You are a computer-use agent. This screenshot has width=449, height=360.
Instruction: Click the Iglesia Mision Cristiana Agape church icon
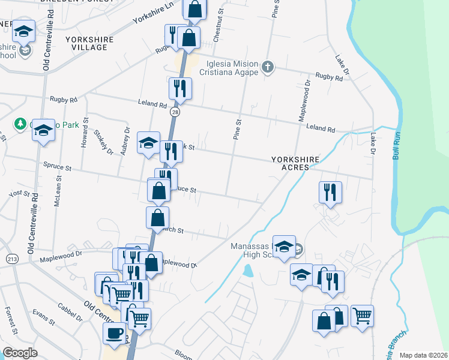pos(269,67)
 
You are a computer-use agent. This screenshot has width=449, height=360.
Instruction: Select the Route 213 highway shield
pos(11,259)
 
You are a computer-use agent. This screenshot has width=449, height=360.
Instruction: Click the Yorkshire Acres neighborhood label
pos(295,163)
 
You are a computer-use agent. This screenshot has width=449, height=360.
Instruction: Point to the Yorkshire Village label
pos(89,43)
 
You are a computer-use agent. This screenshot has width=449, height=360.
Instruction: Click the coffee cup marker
pos(114,334)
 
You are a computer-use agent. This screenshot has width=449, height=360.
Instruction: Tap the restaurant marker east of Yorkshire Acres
pos(330,192)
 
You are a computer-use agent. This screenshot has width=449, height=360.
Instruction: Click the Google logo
pos(20,353)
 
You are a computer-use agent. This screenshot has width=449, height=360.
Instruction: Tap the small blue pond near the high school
pos(248,271)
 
